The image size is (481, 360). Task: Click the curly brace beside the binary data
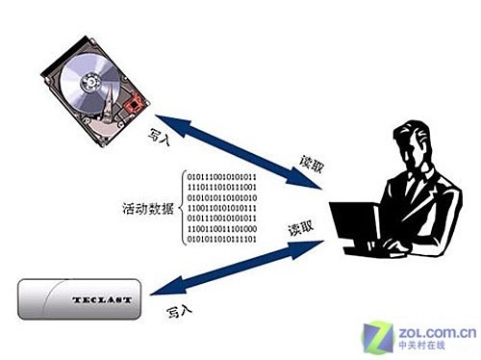tap(181, 207)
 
